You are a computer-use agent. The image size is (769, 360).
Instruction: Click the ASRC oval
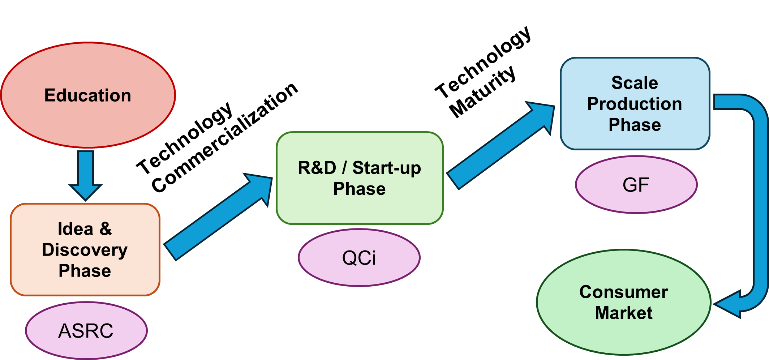[86, 331]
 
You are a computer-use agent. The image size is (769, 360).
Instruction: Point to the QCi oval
[359, 258]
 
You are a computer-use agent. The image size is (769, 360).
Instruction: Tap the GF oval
[636, 185]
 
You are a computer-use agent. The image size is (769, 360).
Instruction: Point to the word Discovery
[85, 250]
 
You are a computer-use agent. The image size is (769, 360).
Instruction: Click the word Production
[635, 104]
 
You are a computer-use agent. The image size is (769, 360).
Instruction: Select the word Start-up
[387, 168]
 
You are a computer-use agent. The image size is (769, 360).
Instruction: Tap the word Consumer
[624, 292]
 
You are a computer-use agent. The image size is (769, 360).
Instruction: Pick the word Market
[624, 313]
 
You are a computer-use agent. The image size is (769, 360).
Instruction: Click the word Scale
[635, 83]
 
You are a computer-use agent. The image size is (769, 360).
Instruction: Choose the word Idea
[76, 229]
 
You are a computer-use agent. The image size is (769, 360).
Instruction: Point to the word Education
[88, 95]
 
